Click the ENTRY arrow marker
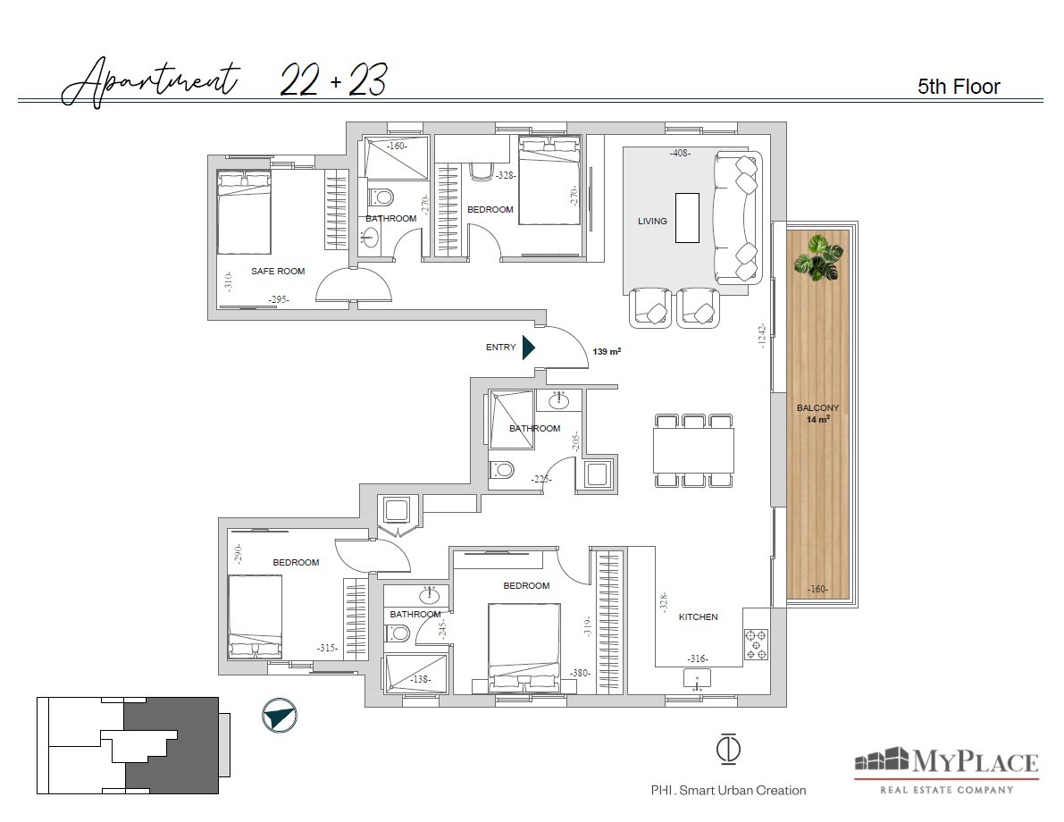[528, 347]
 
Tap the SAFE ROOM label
[278, 271]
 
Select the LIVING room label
[652, 221]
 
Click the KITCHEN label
[699, 616]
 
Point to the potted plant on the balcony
[818, 258]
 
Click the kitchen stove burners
[756, 644]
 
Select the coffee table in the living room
[687, 218]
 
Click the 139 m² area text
[607, 351]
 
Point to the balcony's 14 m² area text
[817, 419]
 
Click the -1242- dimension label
[761, 336]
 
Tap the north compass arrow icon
[280, 716]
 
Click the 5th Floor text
[959, 86]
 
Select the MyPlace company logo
[947, 770]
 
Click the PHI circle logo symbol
[728, 749]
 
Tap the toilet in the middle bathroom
[501, 469]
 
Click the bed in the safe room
[244, 213]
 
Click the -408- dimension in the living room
[680, 153]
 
